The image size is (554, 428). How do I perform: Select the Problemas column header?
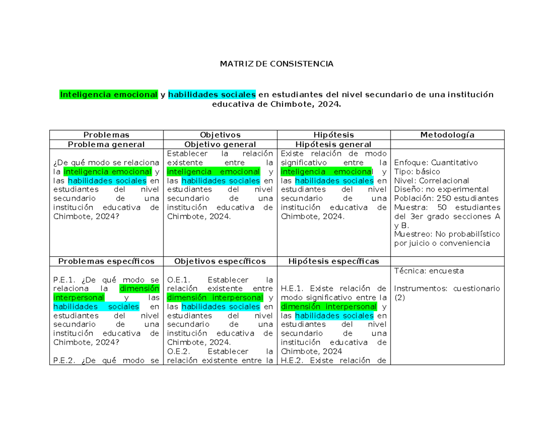pyautogui.click(x=106, y=135)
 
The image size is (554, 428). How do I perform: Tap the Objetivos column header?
pyautogui.click(x=220, y=135)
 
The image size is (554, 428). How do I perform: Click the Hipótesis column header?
pyautogui.click(x=334, y=135)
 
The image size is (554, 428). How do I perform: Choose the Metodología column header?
pyautogui.click(x=447, y=135)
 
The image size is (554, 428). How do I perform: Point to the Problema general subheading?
pyautogui.click(x=106, y=145)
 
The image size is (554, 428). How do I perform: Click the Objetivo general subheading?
pyautogui.click(x=220, y=145)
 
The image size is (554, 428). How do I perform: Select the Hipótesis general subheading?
pyautogui.click(x=334, y=145)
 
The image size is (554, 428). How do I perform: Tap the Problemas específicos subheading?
pyautogui.click(x=106, y=261)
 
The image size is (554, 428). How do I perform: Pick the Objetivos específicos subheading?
pyautogui.click(x=220, y=261)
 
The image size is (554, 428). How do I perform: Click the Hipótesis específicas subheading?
pyautogui.click(x=334, y=261)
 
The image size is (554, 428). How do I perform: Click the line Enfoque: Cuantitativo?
pyautogui.click(x=436, y=163)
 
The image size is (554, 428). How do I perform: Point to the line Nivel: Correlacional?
pyautogui.click(x=432, y=181)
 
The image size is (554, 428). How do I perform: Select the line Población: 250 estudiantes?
pyautogui.click(x=446, y=199)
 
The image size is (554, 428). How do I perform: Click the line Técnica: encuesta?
pyautogui.click(x=429, y=271)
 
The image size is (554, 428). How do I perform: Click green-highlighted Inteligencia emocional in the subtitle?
pyautogui.click(x=108, y=95)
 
